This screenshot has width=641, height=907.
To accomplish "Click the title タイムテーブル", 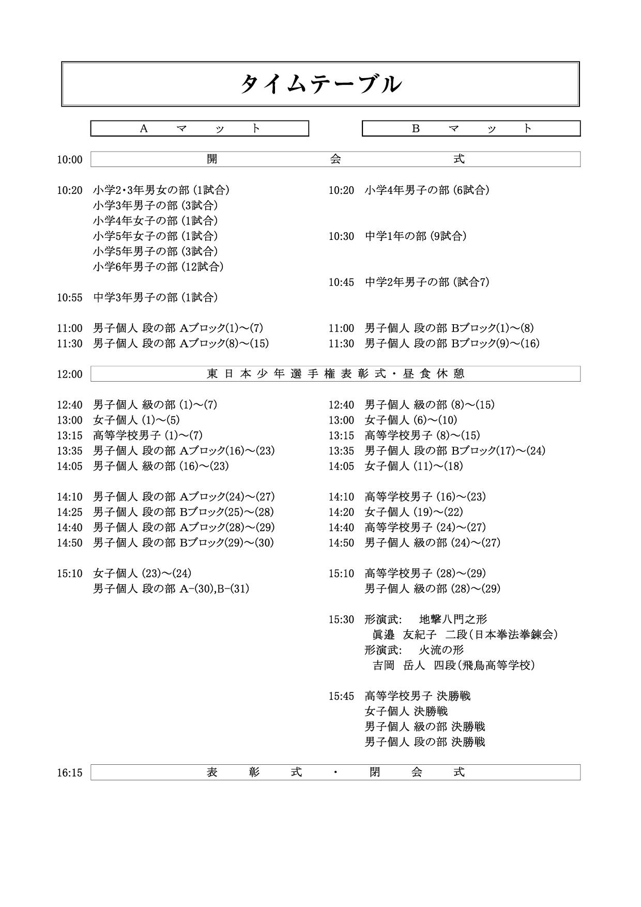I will click(320, 84).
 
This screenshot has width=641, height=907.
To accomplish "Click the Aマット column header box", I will click(200, 129).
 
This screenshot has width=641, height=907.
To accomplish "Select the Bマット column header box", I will click(471, 129).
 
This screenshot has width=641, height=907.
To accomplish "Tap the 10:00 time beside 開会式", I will click(70, 160).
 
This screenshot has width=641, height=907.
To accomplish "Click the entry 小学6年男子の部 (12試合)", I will click(158, 267).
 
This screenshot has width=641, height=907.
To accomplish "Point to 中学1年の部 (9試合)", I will click(416, 236).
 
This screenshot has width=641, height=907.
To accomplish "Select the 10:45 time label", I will click(341, 282).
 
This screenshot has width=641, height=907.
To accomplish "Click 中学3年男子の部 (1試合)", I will click(155, 297).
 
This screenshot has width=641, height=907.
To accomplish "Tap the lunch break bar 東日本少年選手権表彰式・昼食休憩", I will click(335, 374).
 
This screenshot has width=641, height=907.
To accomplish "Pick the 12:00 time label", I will click(70, 374).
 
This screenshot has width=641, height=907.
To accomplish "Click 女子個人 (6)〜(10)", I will click(411, 420).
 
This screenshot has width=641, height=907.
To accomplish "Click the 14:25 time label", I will click(70, 512).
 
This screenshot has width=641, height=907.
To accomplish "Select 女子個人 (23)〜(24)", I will click(142, 573).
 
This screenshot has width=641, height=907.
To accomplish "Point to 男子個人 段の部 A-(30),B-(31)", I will click(171, 588).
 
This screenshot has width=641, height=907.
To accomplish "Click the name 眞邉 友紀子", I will click(404, 634).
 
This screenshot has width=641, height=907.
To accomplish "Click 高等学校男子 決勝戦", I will click(418, 696).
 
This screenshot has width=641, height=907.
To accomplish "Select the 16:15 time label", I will click(70, 773).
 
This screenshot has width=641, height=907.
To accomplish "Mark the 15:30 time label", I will click(341, 619).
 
